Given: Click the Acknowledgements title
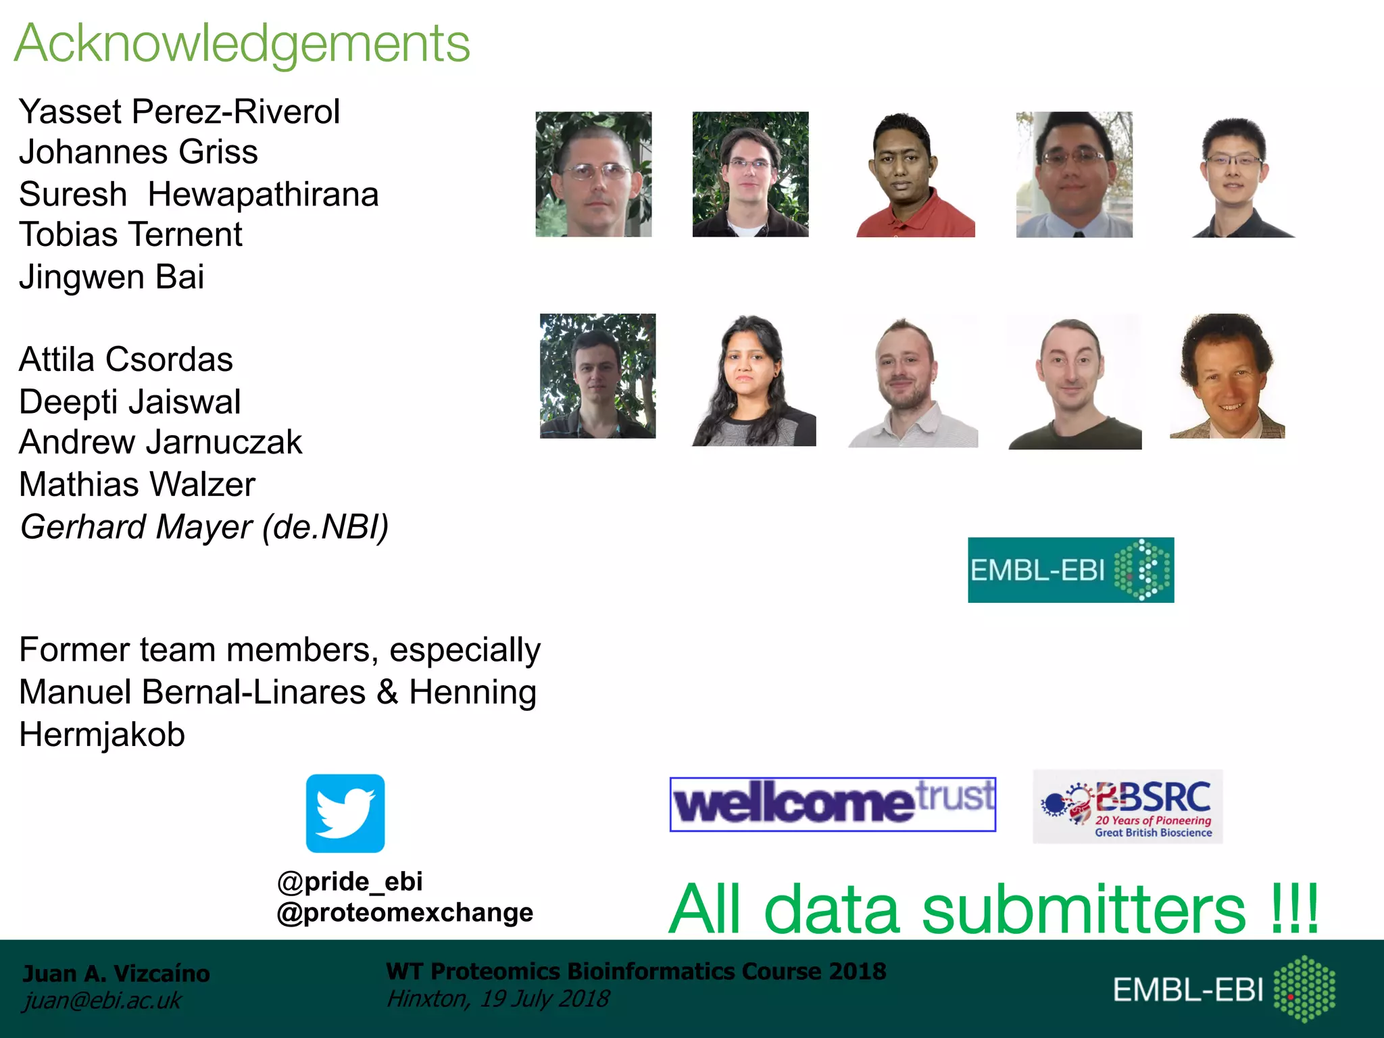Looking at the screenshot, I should tap(242, 44).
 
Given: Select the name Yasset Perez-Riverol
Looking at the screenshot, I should tap(179, 112).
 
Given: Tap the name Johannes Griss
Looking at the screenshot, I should tap(139, 152).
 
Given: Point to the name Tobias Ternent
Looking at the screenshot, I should tap(130, 234).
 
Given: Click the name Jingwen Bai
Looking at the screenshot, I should tap(112, 277).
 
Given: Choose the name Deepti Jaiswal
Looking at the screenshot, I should tap(130, 402).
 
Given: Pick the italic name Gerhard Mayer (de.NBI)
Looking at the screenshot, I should tap(204, 527).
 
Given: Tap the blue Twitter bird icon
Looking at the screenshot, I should tap(345, 813).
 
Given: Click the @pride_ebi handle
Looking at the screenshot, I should tap(350, 881).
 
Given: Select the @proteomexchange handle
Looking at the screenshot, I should tap(405, 912).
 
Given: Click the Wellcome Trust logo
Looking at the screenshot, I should tap(833, 804).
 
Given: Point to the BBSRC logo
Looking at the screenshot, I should tap(1127, 806).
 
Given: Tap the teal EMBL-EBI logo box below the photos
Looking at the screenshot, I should tap(1070, 570).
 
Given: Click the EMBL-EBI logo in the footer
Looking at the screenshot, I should tap(1223, 989).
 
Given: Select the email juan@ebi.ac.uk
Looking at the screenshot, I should tap(102, 1001).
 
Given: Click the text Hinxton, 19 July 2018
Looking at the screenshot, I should tap(497, 999).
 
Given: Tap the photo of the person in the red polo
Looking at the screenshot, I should tap(915, 174).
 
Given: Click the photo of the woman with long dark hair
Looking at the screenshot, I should tap(753, 380).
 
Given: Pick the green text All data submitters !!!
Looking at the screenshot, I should tap(993, 909).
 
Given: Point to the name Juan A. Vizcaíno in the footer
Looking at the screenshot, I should tap(116, 973).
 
